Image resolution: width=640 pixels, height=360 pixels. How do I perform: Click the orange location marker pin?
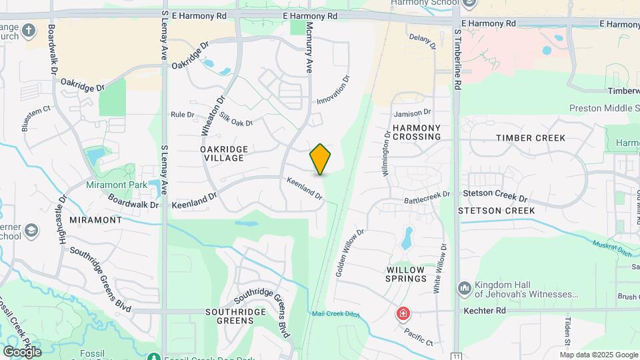click(x=321, y=159)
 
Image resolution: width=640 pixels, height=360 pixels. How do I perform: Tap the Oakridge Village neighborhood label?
click(x=224, y=154)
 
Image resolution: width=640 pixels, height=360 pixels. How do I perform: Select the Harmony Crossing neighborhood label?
click(x=417, y=132)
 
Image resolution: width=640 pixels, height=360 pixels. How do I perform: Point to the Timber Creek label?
click(x=530, y=138)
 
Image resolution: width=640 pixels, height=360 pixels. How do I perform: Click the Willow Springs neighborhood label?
click(x=406, y=273)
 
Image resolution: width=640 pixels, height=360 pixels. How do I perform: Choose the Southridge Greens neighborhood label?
click(x=230, y=316)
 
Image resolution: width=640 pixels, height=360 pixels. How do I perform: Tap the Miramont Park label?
click(x=111, y=185)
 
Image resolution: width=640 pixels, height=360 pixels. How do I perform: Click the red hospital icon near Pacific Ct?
click(x=403, y=313)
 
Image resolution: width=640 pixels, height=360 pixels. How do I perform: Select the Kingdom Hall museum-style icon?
click(x=464, y=288)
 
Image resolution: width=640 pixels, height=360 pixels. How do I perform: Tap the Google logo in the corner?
click(x=21, y=351)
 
